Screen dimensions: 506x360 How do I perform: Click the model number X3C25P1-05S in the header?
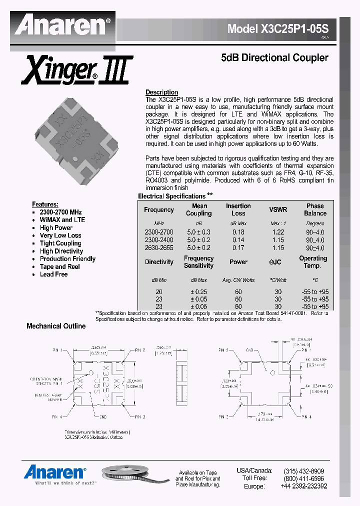pyautogui.click(x=281, y=28)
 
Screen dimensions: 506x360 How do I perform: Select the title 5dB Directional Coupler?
pyautogui.click(x=274, y=57)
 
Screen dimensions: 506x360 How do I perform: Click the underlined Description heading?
pyautogui.click(x=161, y=92)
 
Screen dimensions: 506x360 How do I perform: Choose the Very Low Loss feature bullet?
pyautogui.click(x=60, y=235)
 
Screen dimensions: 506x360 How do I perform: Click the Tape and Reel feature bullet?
pyautogui.click(x=60, y=266)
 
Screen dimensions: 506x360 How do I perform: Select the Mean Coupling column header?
pyautogui.click(x=199, y=209)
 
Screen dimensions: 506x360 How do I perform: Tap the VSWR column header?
pyautogui.click(x=278, y=210)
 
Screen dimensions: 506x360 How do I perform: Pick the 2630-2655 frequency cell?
pyautogui.click(x=158, y=247)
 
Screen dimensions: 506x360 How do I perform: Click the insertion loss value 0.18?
pyautogui.click(x=238, y=232)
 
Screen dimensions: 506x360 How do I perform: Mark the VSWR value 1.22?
pyautogui.click(x=278, y=232)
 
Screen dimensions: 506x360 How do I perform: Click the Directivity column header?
pyautogui.click(x=159, y=262)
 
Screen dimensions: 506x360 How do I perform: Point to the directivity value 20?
pyautogui.click(x=159, y=292)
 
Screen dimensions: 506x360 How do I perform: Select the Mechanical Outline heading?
pyautogui.click(x=56, y=326)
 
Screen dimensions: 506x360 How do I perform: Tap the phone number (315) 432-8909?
pyautogui.click(x=303, y=471)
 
